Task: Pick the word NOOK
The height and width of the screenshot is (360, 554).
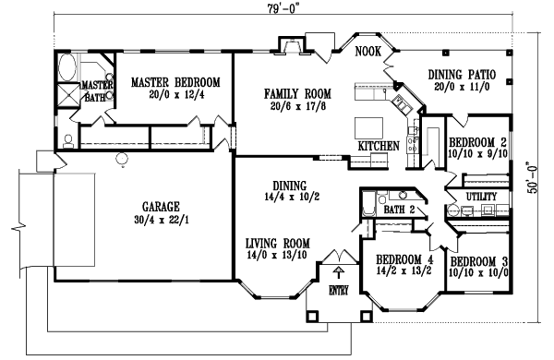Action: [367, 53]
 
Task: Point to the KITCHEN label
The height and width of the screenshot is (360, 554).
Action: [379, 146]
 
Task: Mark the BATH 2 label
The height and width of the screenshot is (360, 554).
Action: [399, 210]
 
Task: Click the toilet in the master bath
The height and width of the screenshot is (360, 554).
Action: [69, 141]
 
